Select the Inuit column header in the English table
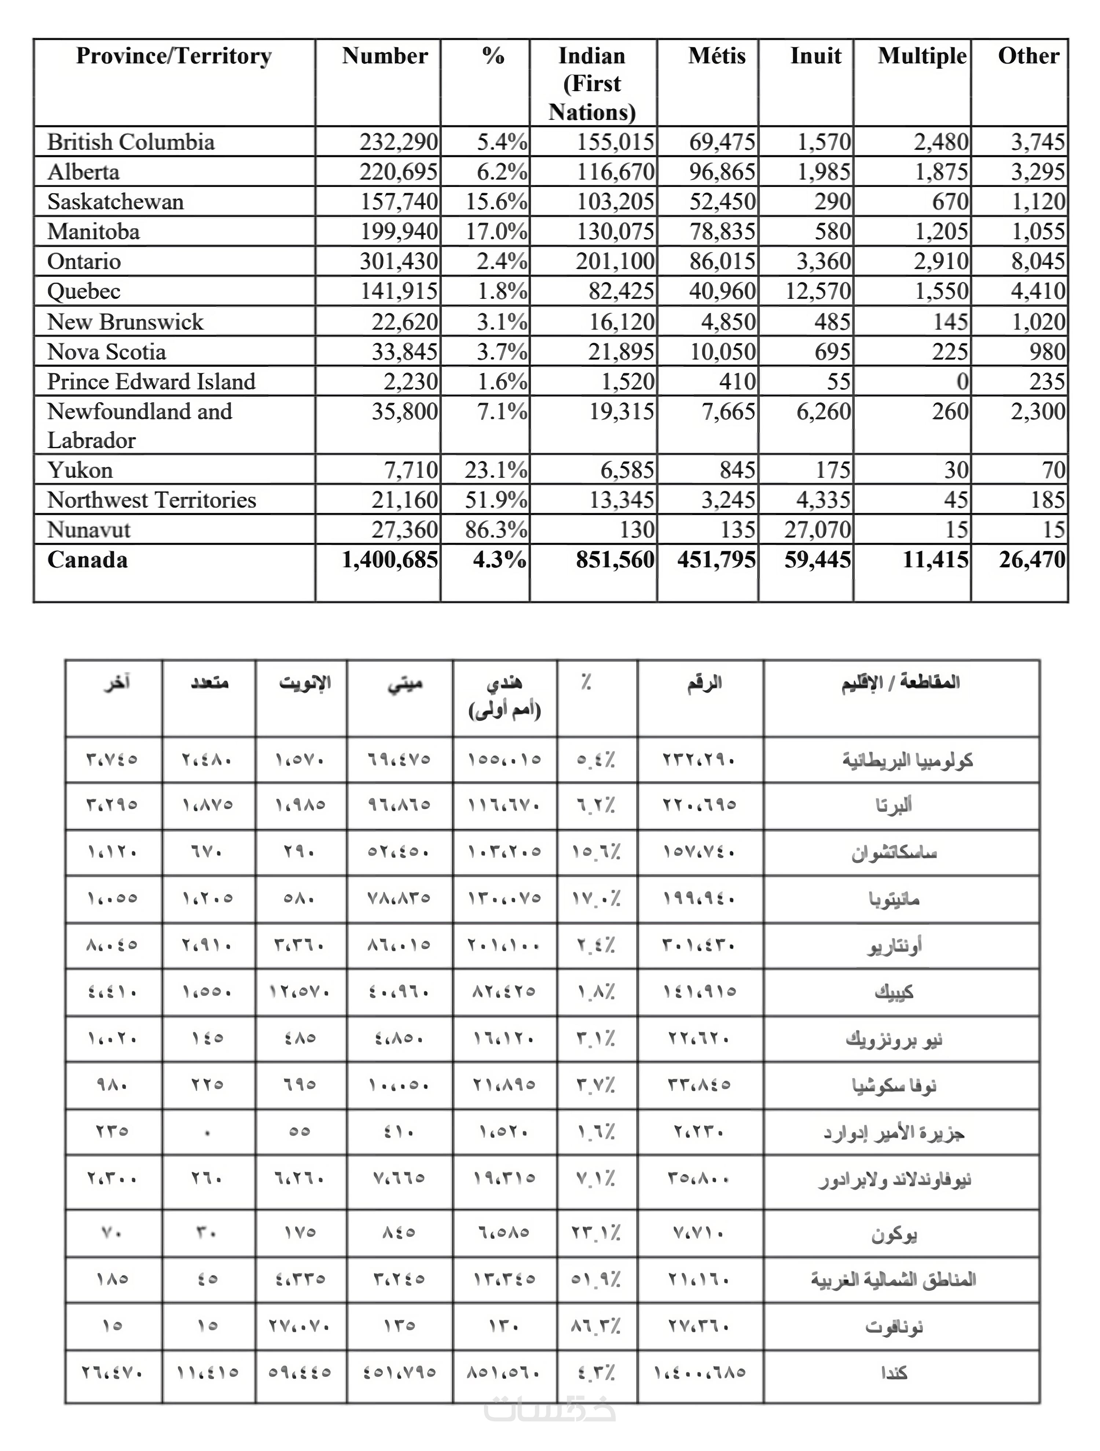pyautogui.click(x=815, y=56)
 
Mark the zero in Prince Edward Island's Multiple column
pyautogui.click(x=962, y=382)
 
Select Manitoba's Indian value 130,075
pyautogui.click(x=615, y=232)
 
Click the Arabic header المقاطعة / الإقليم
pyautogui.click(x=901, y=683)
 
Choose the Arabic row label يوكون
pyautogui.click(x=893, y=1235)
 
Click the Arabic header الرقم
pyautogui.click(x=704, y=683)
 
